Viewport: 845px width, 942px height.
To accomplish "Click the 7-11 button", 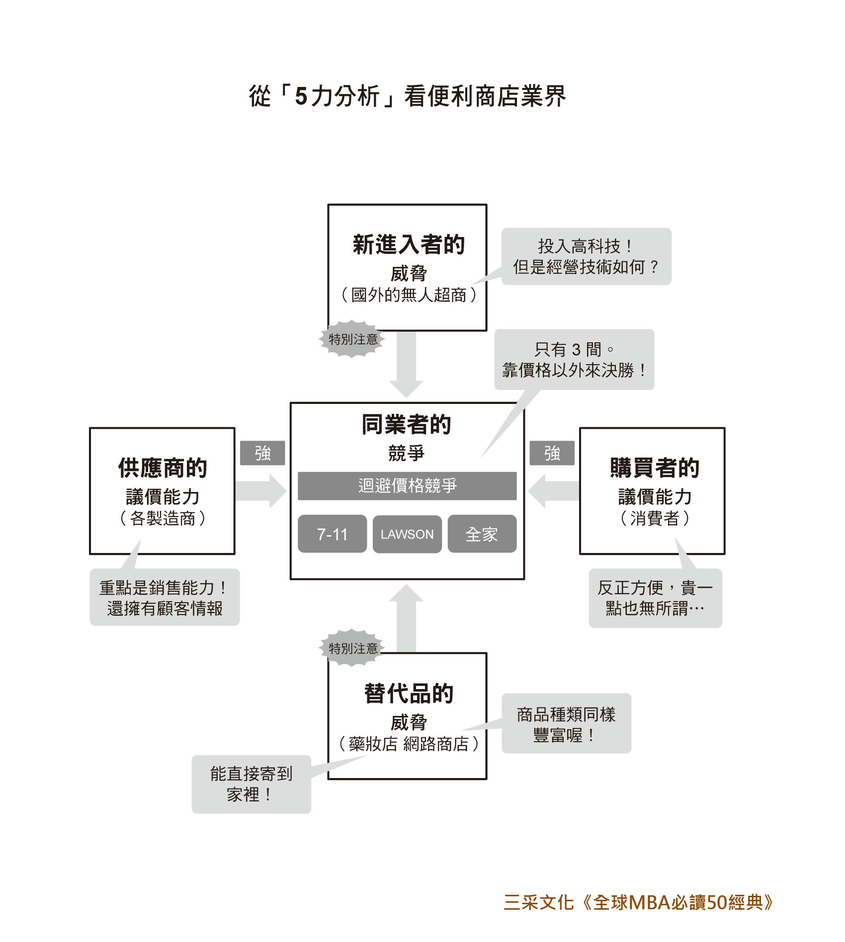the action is click(x=332, y=534).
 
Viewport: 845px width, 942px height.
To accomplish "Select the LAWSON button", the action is click(x=407, y=534).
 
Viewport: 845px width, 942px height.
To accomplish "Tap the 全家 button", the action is click(x=482, y=534).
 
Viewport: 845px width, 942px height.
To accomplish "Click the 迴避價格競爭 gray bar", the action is click(x=407, y=485).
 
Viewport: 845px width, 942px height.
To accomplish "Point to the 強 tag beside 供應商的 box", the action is click(x=262, y=453).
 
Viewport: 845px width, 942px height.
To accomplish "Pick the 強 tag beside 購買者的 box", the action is click(x=552, y=453).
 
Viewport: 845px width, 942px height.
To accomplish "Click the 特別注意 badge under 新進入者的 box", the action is click(x=352, y=339).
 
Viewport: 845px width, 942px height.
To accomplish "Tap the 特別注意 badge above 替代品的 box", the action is click(x=352, y=648).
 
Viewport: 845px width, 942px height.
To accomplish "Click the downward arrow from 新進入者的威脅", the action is click(x=406, y=364).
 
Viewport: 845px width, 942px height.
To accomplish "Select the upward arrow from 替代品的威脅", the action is click(x=406, y=618).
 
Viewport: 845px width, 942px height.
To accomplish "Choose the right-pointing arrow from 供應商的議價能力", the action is click(x=261, y=491).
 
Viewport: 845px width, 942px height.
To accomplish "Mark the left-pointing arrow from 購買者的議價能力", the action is click(x=553, y=491).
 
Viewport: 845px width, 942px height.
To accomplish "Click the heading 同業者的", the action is click(x=406, y=424).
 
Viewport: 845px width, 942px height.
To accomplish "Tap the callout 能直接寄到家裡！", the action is click(x=252, y=784).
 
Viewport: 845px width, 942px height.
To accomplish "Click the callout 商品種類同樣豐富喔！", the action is click(x=566, y=723).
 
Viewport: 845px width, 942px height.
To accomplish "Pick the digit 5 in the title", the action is click(x=301, y=96).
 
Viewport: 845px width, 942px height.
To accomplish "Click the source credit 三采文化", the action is click(x=539, y=903).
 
